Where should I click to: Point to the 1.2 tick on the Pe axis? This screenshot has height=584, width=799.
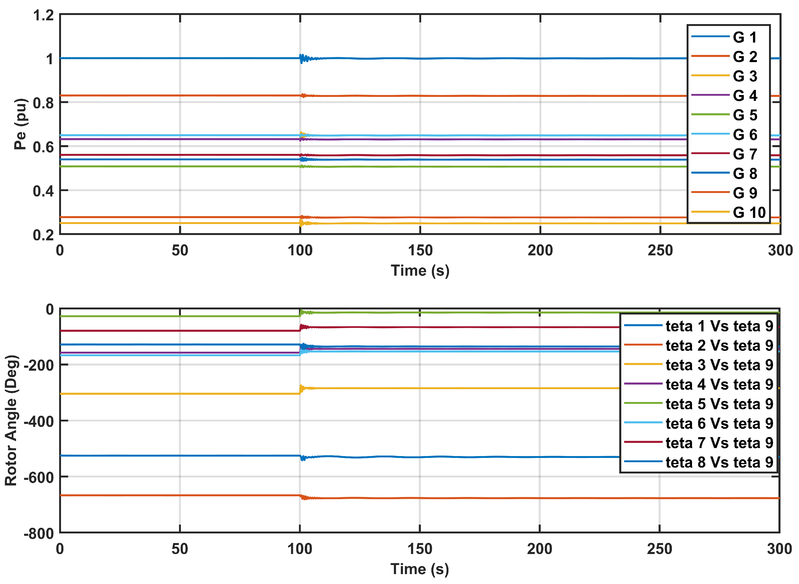pyautogui.click(x=43, y=16)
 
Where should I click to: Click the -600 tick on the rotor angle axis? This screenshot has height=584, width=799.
pyautogui.click(x=39, y=477)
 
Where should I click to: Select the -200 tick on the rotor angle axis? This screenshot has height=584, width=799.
pyautogui.click(x=39, y=365)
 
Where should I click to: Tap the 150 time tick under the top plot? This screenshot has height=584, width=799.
pyautogui.click(x=420, y=250)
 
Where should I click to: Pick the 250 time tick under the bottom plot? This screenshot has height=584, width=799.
pyautogui.click(x=659, y=549)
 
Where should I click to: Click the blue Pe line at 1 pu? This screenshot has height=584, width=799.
pyautogui.click(x=177, y=58)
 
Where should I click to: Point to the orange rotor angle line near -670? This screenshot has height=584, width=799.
pyautogui.click(x=177, y=495)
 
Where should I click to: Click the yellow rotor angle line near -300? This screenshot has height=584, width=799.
pyautogui.click(x=177, y=393)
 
